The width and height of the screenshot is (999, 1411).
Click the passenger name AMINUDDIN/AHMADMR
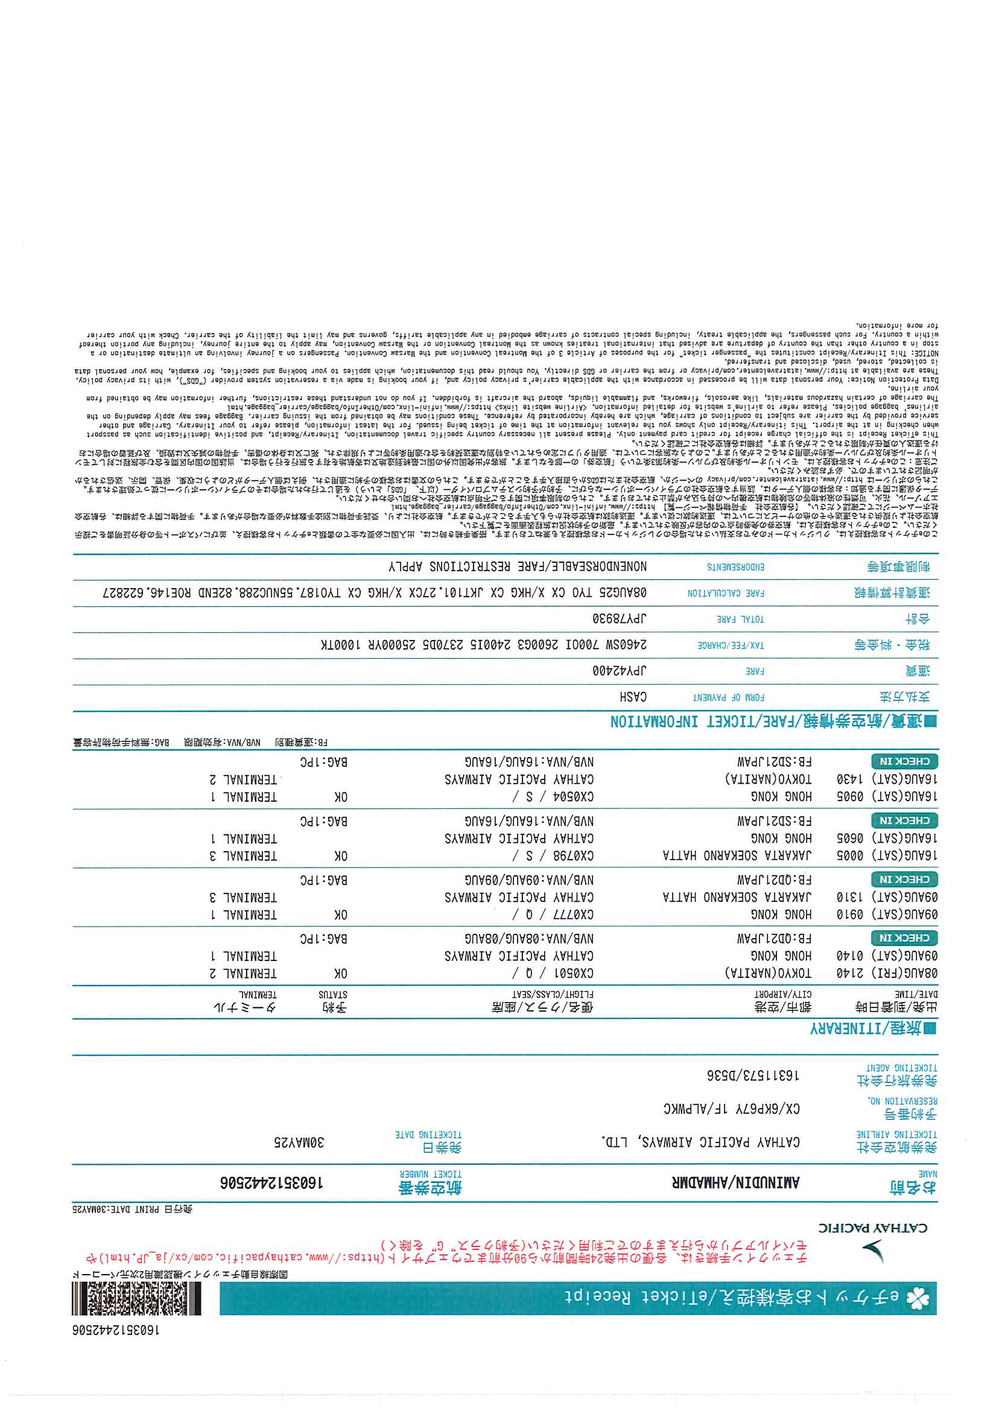(736, 1182)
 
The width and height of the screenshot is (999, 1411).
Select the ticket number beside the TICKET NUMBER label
(272, 1183)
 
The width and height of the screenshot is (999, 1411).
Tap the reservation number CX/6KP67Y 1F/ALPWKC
(731, 1109)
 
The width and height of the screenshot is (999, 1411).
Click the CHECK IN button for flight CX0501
(904, 938)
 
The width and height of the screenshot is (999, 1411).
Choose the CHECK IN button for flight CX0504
(904, 761)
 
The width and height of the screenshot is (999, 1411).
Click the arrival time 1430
(850, 779)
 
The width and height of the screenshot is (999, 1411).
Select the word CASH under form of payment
(633, 697)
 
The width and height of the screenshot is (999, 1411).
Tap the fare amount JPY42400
(620, 671)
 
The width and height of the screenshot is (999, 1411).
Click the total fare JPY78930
(620, 618)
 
